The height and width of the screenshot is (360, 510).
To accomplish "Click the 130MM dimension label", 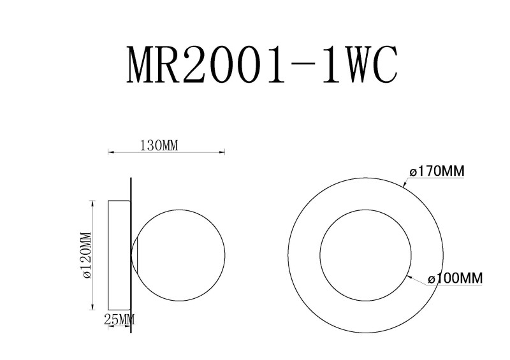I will pyautogui.click(x=158, y=145).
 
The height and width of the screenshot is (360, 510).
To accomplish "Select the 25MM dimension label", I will pyautogui.click(x=119, y=319).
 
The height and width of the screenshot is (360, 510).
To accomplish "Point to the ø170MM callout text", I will pyautogui.click(x=437, y=171).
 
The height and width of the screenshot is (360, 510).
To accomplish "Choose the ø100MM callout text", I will pyautogui.click(x=455, y=278).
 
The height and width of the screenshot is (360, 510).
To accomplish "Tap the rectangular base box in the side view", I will pyautogui.click(x=119, y=254).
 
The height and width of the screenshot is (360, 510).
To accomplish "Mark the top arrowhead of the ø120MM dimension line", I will pyautogui.click(x=94, y=203).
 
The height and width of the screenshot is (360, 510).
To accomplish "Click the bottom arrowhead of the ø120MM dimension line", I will pyautogui.click(x=94, y=306).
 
